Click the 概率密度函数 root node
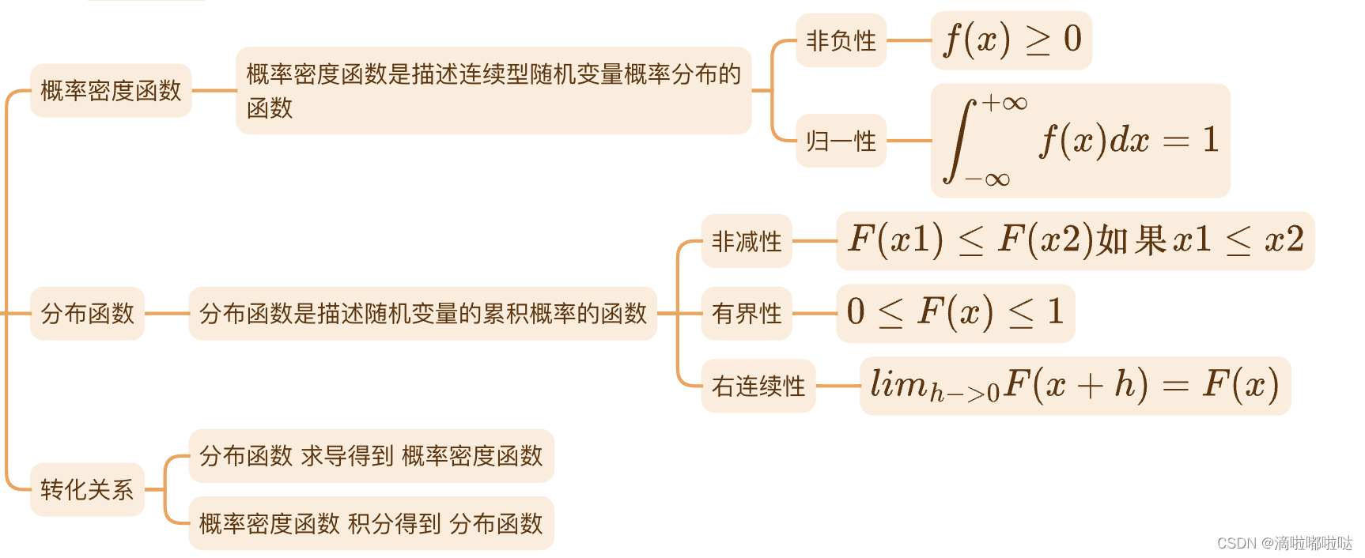point(111,91)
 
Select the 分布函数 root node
point(87,314)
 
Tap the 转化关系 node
point(87,490)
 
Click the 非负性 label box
point(841,40)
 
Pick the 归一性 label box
point(841,141)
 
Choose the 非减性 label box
point(747,241)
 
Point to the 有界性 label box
point(747,314)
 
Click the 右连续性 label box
point(758,386)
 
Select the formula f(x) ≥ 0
point(1011,40)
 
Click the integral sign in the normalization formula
point(959,141)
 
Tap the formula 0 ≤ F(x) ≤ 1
point(955,313)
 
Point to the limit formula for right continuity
point(1075,386)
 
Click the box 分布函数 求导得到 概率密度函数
point(371,456)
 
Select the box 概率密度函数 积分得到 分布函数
point(371,523)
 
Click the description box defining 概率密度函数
point(493,90)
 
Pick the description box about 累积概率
point(423,314)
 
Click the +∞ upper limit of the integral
point(1004,103)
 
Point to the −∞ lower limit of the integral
point(988,179)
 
